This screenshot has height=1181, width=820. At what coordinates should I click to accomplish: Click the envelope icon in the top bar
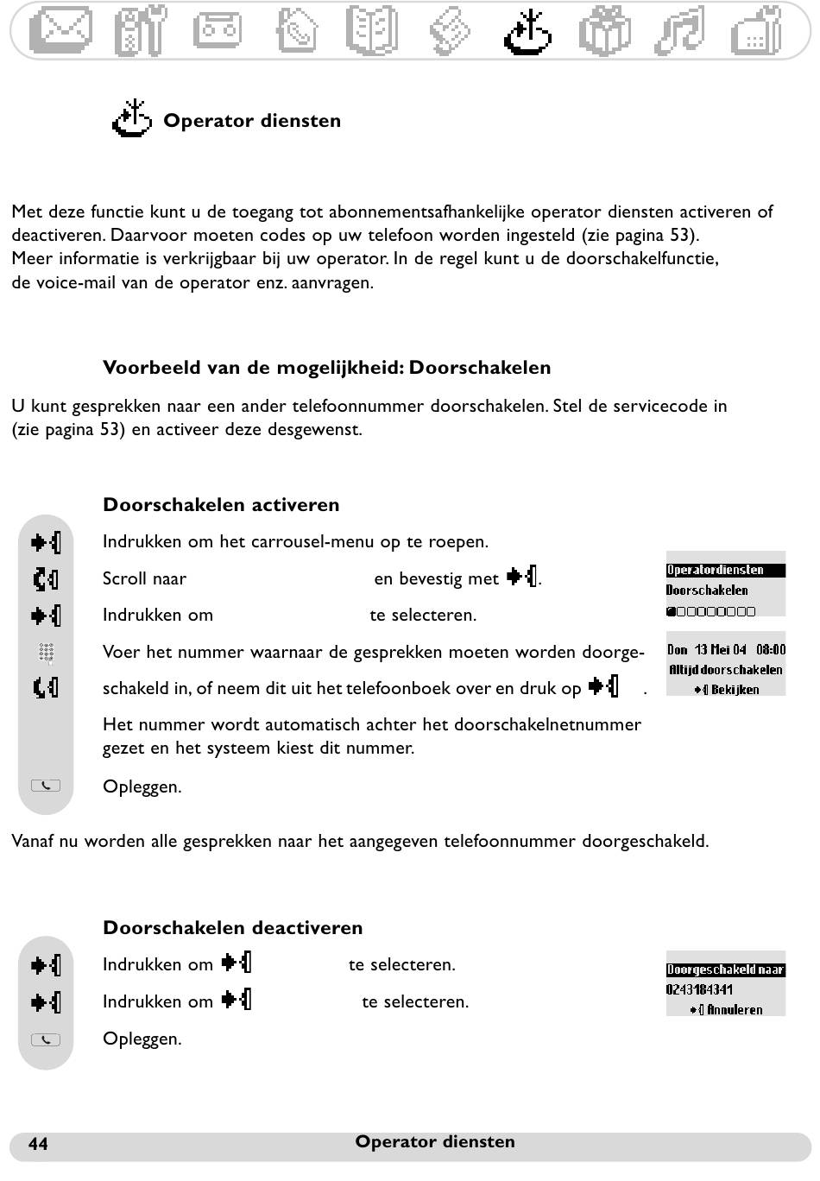click(x=60, y=30)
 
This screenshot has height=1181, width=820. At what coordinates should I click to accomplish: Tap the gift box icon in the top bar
click(x=604, y=30)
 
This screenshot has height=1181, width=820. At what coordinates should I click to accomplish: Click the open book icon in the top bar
click(x=371, y=30)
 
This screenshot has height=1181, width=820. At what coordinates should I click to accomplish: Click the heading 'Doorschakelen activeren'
click(x=221, y=505)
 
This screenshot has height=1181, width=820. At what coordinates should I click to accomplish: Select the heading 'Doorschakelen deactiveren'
click(x=232, y=928)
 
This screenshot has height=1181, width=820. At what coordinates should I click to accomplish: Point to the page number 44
click(x=39, y=1144)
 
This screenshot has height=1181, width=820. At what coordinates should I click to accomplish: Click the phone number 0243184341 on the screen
click(x=699, y=989)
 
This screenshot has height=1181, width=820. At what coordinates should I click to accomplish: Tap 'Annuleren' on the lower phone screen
click(x=735, y=1009)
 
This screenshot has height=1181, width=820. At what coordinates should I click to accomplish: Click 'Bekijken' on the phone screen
click(x=735, y=690)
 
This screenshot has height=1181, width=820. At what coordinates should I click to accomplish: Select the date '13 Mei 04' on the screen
click(x=720, y=649)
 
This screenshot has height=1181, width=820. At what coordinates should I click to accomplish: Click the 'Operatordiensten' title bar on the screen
click(x=725, y=570)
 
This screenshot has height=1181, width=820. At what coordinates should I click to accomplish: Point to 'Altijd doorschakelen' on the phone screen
click(x=726, y=670)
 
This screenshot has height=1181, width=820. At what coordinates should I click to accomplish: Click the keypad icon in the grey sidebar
click(x=47, y=654)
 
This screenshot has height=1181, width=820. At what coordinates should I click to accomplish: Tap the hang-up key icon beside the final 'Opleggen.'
click(x=46, y=1039)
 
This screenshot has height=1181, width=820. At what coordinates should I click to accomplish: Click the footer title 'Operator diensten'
click(x=435, y=1142)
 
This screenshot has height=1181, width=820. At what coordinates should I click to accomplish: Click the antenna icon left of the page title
click(x=132, y=119)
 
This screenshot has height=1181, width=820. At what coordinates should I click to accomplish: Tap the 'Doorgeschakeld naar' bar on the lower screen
click(x=725, y=969)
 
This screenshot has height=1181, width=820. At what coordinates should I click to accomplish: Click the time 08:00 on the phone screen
click(x=771, y=649)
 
